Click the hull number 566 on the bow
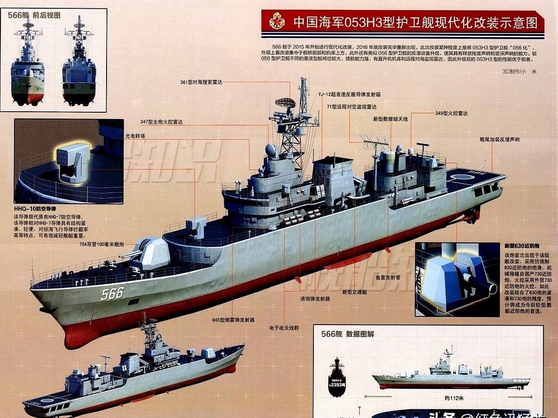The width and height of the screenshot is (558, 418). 112,293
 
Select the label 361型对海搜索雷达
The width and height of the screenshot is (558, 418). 201,82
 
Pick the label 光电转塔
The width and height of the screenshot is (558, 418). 135,136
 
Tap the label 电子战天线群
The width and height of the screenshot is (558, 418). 284,328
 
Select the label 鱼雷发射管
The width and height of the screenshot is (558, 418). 387,278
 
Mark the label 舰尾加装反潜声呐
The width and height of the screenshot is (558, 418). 499,139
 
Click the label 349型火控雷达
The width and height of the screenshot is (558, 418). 451,113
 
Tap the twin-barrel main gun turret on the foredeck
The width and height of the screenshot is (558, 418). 150,253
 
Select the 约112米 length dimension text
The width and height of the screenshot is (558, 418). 454,398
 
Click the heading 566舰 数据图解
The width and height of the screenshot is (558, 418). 347,334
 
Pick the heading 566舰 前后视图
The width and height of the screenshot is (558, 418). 34,15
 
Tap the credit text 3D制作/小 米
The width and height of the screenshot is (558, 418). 520,71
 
